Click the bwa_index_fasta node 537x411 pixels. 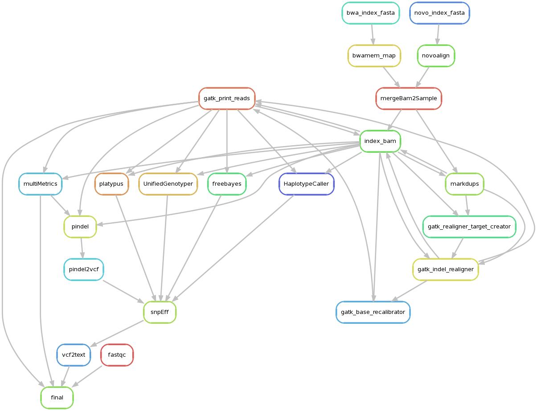370,13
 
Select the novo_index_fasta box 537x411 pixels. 439,13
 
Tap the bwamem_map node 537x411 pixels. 374,56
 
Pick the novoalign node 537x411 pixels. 436,56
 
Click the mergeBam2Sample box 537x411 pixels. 409,98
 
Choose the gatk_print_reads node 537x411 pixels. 227,98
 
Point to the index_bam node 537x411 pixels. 380,141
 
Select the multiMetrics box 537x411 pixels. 40,184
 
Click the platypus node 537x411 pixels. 111,184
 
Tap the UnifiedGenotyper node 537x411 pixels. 168,184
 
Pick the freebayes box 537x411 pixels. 227,184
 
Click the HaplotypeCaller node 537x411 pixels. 307,184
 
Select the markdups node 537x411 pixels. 464,184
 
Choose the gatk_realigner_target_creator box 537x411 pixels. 469,227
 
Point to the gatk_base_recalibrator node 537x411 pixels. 373,312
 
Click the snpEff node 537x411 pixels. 160,312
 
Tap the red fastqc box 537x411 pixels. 117,355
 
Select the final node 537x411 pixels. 57,398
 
